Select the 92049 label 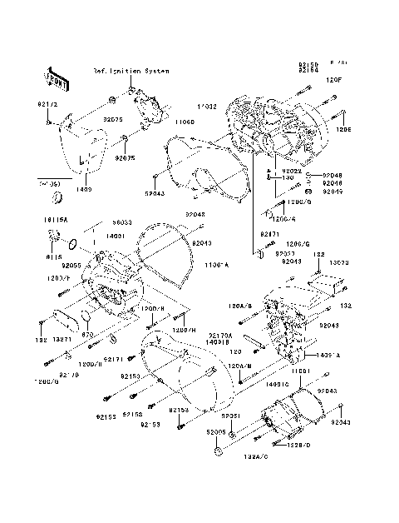click(x=332, y=191)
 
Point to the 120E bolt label click(x=343, y=129)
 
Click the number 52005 click(x=218, y=432)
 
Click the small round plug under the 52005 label click(x=219, y=451)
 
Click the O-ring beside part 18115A click(x=72, y=245)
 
